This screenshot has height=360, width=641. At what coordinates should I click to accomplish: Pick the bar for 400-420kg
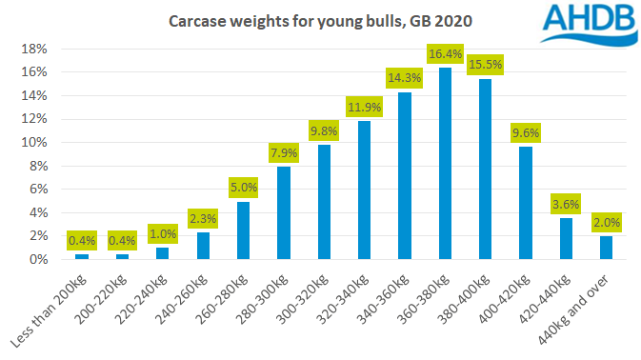click(x=525, y=203)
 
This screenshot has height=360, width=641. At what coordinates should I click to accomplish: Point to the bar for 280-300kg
click(x=283, y=212)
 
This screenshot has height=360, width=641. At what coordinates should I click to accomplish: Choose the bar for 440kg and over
click(x=606, y=248)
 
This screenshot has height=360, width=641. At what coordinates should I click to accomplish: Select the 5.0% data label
click(x=242, y=187)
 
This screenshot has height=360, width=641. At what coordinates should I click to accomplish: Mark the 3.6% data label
click(x=566, y=203)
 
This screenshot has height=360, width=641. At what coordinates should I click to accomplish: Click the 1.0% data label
click(x=162, y=233)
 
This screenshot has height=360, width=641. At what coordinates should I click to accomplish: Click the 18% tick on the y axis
click(x=34, y=49)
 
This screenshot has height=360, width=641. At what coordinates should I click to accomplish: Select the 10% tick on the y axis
click(x=34, y=142)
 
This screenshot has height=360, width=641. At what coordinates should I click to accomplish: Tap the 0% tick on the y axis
click(x=38, y=259)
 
